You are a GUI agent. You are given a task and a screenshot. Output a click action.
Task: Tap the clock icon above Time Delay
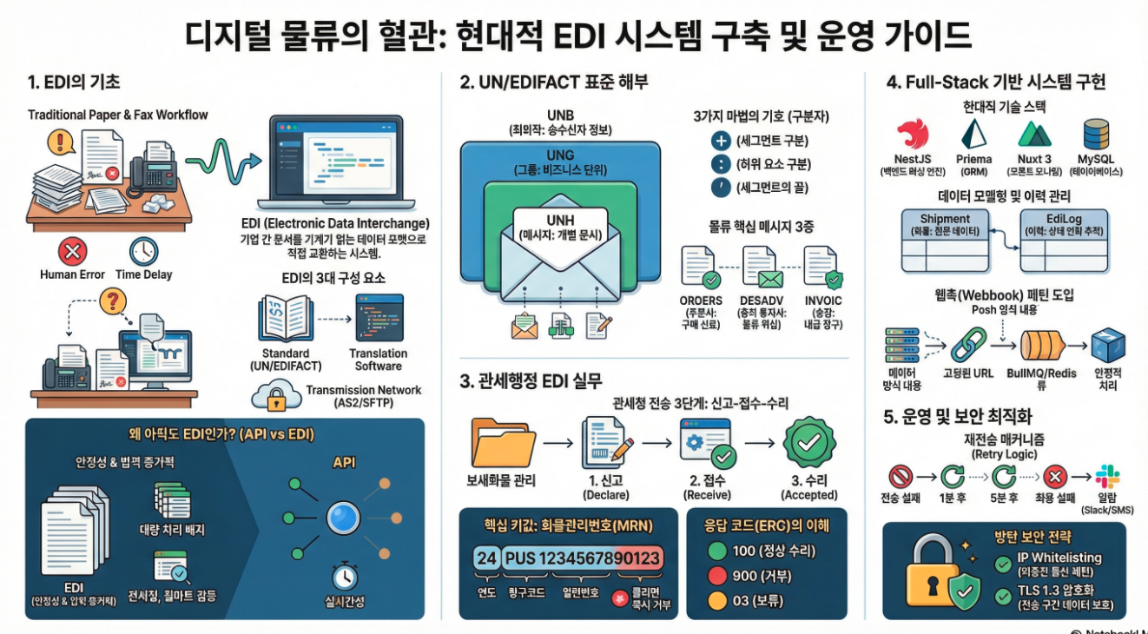click(x=143, y=252)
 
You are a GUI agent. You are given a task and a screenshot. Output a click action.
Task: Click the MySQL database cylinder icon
click(x=1096, y=136)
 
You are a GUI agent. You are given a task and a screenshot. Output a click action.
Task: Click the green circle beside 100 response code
click(x=716, y=550)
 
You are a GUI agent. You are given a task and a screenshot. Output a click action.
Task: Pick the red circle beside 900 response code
click(x=716, y=575)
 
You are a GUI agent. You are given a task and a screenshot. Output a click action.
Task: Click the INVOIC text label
click(x=823, y=300)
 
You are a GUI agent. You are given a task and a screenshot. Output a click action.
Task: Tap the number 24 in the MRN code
click(x=487, y=558)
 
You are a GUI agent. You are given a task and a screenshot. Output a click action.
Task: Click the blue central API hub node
click(x=342, y=518)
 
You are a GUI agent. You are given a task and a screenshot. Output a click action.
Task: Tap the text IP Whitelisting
click(x=1060, y=558)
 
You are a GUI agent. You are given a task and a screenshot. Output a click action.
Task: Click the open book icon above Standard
click(x=285, y=319)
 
